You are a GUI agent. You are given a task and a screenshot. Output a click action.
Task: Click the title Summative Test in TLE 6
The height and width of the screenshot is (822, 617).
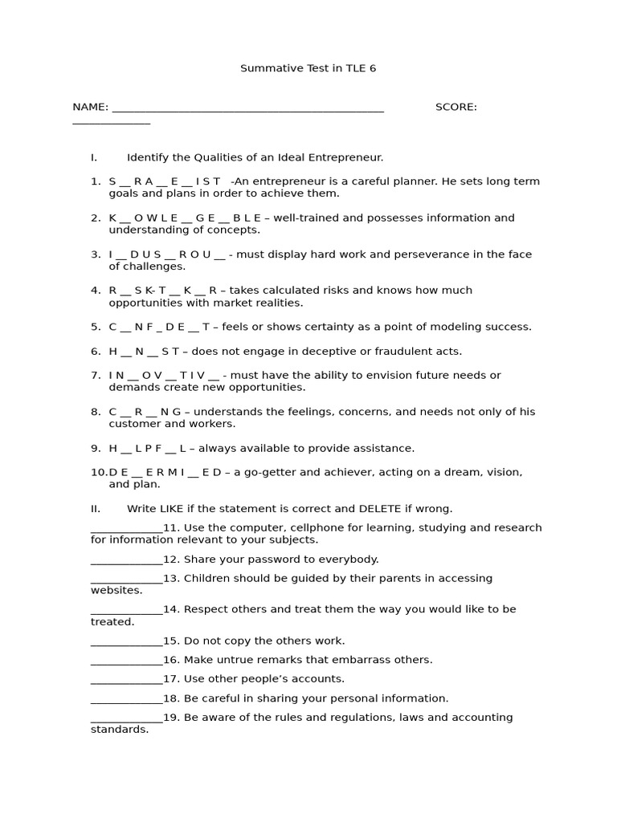308,68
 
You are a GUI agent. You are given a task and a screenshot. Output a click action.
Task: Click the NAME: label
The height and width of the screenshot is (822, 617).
90,107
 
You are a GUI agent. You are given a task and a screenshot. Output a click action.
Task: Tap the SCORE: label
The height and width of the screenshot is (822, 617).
456,107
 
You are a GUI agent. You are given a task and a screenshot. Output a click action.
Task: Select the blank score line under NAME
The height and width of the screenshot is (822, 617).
111,123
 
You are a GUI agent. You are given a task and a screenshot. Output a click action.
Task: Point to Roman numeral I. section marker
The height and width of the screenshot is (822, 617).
94,157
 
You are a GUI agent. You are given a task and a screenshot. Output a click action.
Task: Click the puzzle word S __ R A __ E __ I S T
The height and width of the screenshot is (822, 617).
165,181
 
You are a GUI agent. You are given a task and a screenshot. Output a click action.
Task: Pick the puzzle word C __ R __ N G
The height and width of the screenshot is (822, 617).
145,412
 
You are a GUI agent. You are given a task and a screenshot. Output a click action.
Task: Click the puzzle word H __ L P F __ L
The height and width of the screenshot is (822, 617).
148,448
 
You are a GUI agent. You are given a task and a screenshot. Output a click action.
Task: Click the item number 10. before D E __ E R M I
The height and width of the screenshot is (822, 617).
99,472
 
